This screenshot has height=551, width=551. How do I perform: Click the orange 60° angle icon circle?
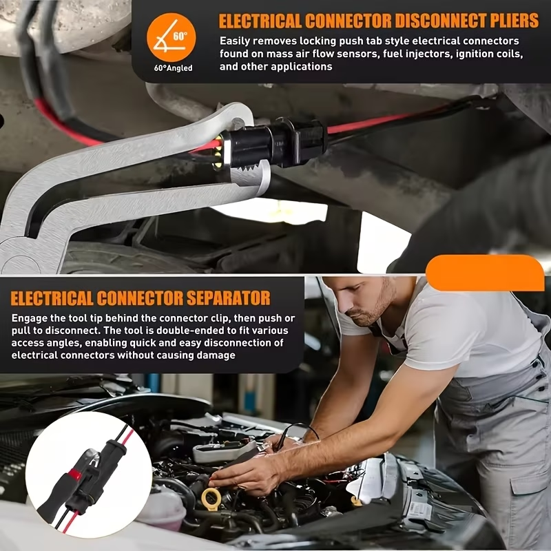pos(171,37)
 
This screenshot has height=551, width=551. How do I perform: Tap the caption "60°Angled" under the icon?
pos(174,68)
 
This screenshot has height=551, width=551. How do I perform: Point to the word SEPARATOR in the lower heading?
pos(229,298)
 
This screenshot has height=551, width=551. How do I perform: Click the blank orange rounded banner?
pos(485,273)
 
